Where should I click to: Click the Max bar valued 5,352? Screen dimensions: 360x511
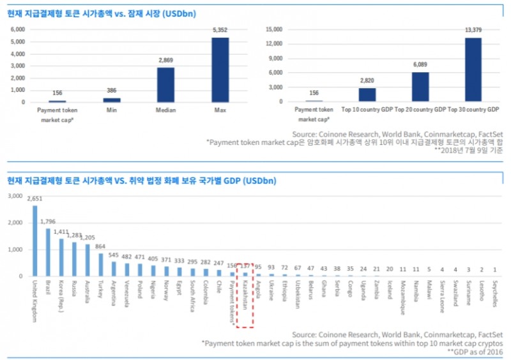tap(220, 70)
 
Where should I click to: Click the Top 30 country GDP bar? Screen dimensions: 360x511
tap(473, 70)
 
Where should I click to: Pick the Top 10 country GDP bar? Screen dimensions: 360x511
tap(367, 94)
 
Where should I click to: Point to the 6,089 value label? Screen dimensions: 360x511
tap(420, 64)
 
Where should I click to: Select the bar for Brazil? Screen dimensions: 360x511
tap(47, 252)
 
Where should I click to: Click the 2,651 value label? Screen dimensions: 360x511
tap(34, 199)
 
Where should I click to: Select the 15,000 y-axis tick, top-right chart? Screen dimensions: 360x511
tap(274, 29)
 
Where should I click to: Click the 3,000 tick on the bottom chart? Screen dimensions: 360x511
tap(15, 196)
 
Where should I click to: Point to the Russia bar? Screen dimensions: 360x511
tap(74, 259)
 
